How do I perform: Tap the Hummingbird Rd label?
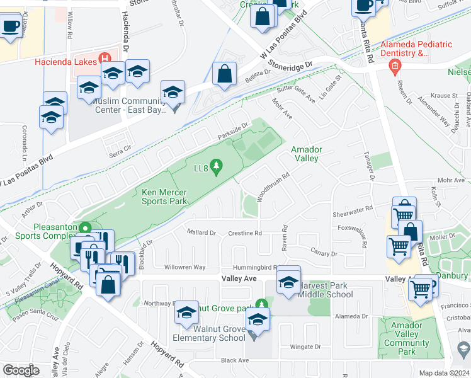click(255, 267)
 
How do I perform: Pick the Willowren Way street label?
click(185, 267)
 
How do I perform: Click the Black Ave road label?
click(235, 360)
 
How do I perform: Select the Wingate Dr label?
click(305, 346)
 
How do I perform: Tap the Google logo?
click(21, 370)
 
